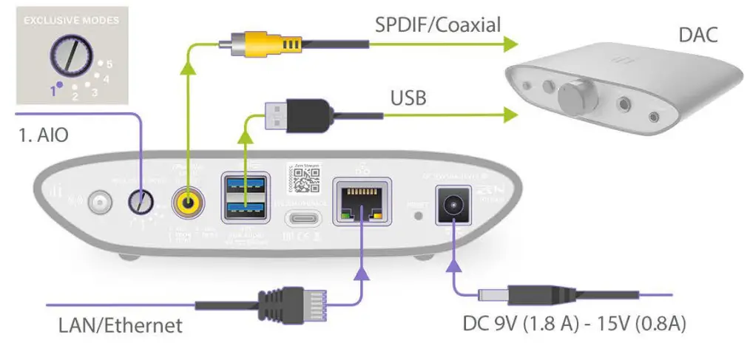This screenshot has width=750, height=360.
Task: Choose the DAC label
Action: pos(697,35)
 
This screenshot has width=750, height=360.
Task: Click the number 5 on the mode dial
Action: pos(109,64)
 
